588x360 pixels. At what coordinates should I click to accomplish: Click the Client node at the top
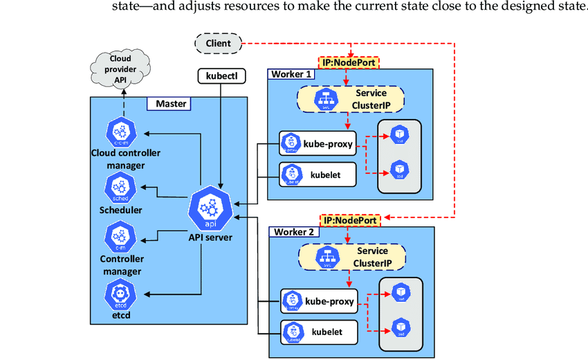coord(218,44)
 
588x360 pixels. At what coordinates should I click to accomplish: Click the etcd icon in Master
coord(119,296)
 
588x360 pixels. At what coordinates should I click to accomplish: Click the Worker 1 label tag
coord(290,74)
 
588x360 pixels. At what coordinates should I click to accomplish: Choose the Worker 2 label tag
coord(297,232)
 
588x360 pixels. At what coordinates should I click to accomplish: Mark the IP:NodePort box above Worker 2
coord(351,220)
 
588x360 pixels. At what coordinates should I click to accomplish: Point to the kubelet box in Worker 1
coord(318,174)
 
